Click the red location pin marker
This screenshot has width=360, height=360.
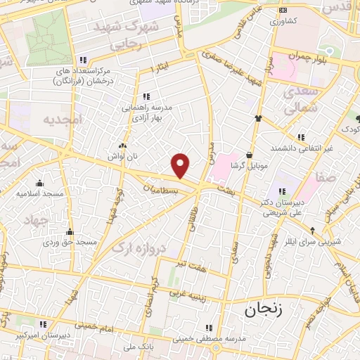pos(181,166)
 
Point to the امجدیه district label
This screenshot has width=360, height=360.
pos(63,120)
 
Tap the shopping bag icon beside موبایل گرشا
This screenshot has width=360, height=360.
pos(250,154)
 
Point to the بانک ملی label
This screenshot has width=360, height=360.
pos(138,347)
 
